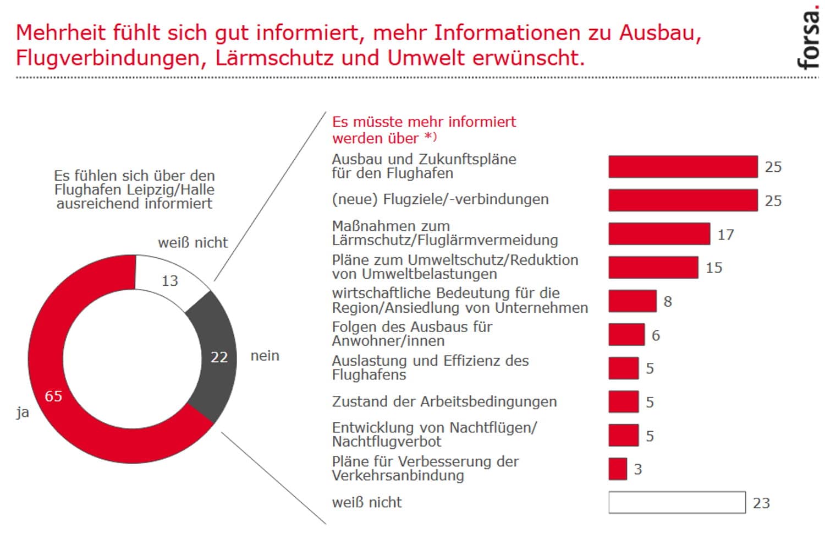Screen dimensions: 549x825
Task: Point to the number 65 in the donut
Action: [53, 396]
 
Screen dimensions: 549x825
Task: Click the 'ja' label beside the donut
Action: [23, 412]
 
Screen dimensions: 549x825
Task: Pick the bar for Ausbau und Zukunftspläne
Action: [683, 167]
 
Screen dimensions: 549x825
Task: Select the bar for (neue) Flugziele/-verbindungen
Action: [683, 200]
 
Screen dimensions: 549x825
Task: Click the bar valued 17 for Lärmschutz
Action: [659, 234]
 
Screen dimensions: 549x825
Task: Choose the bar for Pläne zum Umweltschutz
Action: [653, 268]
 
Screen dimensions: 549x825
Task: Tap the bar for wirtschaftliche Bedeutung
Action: [632, 301]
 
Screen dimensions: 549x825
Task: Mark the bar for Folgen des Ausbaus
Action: [626, 335]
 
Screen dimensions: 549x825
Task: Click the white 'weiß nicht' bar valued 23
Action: [676, 502]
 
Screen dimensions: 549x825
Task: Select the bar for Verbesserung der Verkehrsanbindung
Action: [618, 469]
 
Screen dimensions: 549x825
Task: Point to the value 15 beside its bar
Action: [714, 268]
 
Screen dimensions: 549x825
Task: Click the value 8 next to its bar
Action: [668, 302]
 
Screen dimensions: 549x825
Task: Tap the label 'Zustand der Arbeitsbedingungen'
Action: [444, 401]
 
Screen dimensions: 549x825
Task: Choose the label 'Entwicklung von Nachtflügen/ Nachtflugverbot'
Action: [434, 434]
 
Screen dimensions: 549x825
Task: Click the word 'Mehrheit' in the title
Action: [61, 33]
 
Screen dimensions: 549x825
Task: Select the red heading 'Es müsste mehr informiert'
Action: [424, 122]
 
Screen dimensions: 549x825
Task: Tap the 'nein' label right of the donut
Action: [265, 356]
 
